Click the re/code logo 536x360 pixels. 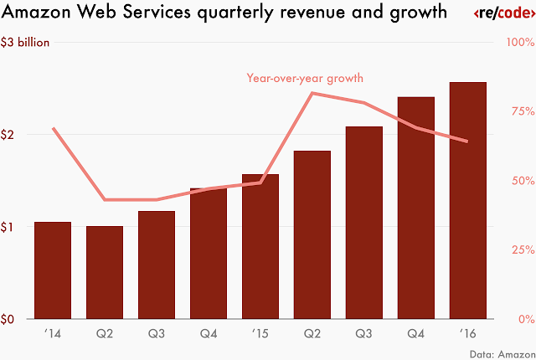[x=500, y=14]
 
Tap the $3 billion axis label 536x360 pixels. [x=28, y=44]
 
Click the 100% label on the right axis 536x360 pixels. [x=520, y=44]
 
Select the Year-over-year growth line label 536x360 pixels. [x=304, y=78]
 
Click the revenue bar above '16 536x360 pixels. [x=468, y=201]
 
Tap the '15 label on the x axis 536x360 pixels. [x=260, y=333]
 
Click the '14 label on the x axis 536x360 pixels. [x=53, y=333]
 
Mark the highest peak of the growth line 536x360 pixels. [x=312, y=93]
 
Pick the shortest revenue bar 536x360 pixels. [x=105, y=273]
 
